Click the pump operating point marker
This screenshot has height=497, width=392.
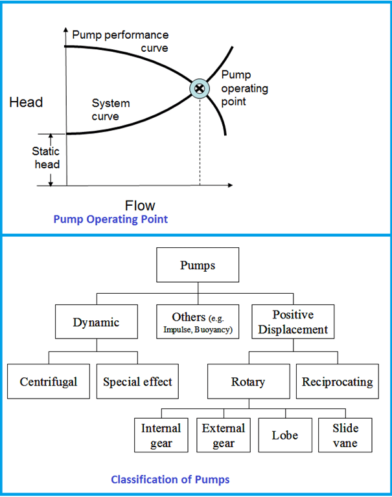point(200,88)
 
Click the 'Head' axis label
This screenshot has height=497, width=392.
point(26,102)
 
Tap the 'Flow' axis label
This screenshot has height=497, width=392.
point(140,205)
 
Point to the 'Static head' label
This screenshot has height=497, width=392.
point(46,158)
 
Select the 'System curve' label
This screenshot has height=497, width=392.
point(110,109)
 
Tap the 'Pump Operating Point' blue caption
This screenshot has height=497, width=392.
point(110,219)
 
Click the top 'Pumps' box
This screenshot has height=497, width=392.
point(198,265)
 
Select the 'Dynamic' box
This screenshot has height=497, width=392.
point(96,322)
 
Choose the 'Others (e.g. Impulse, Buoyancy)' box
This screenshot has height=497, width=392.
point(198,322)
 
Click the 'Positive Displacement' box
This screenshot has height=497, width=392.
point(293,322)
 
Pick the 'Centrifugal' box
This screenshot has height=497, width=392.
point(49,381)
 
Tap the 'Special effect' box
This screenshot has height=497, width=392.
point(137,381)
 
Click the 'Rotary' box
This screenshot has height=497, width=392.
point(248,381)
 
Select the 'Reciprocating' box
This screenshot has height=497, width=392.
point(337,381)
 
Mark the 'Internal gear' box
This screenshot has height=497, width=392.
point(161,434)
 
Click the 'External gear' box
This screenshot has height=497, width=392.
point(223,434)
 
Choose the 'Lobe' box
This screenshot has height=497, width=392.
point(284,434)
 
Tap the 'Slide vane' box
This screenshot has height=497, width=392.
point(345,434)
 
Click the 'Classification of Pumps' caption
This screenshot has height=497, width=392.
point(170,480)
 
